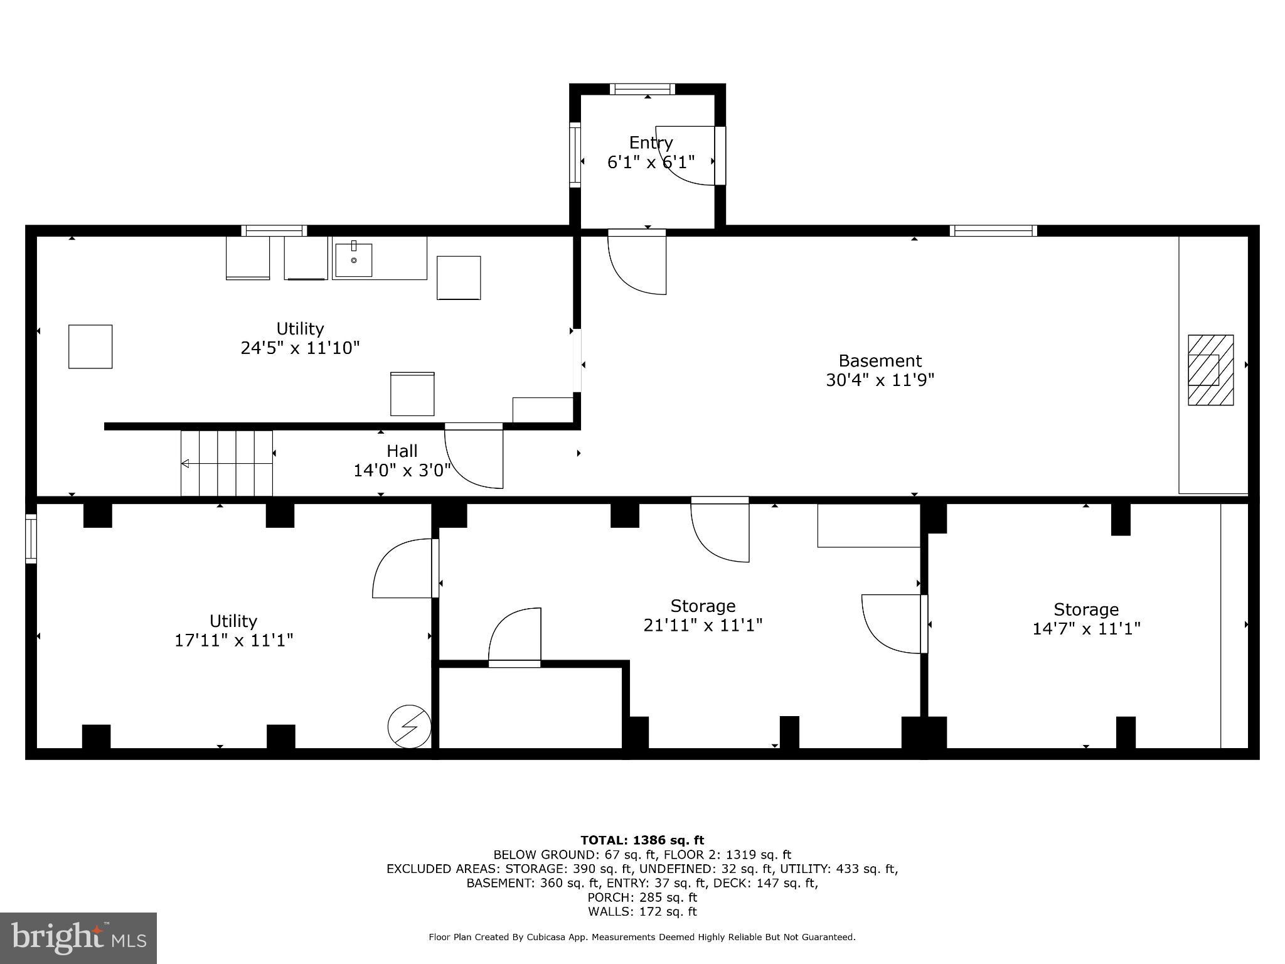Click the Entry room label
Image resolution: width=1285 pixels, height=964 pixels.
[651, 142]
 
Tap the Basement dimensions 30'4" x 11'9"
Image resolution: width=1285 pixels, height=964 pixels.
[880, 380]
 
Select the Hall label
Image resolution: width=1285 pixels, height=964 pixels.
[402, 451]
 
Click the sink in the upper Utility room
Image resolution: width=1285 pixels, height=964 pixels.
[353, 259]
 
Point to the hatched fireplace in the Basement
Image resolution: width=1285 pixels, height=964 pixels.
[1210, 370]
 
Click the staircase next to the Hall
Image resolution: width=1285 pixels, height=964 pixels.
[227, 463]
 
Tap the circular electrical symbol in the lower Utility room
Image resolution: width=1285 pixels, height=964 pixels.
[409, 726]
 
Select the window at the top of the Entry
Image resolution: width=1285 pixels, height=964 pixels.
[642, 89]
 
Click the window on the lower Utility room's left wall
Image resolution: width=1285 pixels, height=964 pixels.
[31, 538]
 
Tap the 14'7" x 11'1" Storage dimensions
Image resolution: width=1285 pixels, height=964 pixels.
[1086, 628]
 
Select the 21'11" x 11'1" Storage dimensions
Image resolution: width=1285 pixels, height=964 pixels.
[703, 625]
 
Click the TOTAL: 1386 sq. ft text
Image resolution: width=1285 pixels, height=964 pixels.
[642, 840]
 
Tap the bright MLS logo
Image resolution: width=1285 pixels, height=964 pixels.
[78, 938]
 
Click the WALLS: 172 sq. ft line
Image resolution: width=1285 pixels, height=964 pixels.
[642, 911]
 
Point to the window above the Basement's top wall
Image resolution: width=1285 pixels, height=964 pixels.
[993, 230]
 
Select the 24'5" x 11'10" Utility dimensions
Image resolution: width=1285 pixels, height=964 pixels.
[300, 348]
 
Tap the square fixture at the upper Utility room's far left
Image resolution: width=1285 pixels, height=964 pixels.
[90, 346]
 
